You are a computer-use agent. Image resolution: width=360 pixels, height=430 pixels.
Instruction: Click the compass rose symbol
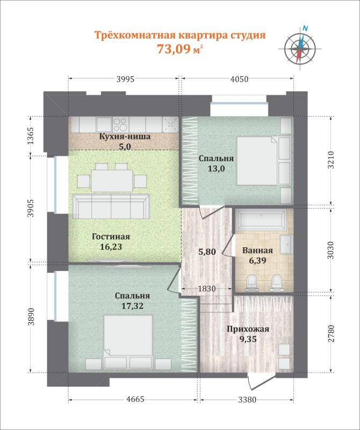click(300, 48)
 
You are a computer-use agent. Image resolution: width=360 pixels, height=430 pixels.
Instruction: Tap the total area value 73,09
click(173, 49)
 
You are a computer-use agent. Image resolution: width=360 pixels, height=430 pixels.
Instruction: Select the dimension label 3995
click(125, 79)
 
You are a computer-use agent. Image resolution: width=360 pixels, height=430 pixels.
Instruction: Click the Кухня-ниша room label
click(125, 137)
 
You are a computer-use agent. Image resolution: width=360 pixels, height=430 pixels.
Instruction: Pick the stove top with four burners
click(120, 125)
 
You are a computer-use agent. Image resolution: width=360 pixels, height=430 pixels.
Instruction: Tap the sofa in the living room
click(111, 206)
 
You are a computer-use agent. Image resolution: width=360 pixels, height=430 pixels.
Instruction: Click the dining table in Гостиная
click(112, 181)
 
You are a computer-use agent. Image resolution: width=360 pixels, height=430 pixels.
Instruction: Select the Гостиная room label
click(111, 236)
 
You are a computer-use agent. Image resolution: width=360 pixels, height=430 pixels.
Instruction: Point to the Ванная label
click(257, 250)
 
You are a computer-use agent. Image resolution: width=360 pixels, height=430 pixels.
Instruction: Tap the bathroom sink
click(286, 244)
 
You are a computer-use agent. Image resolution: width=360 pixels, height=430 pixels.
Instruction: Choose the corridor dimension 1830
click(207, 289)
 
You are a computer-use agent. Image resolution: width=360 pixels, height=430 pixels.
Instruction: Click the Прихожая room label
click(248, 329)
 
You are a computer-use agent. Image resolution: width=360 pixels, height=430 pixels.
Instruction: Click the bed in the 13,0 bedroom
click(257, 161)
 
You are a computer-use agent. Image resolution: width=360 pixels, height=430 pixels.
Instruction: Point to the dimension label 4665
click(134, 399)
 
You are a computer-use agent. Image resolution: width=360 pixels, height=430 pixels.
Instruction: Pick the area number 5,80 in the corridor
click(207, 252)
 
